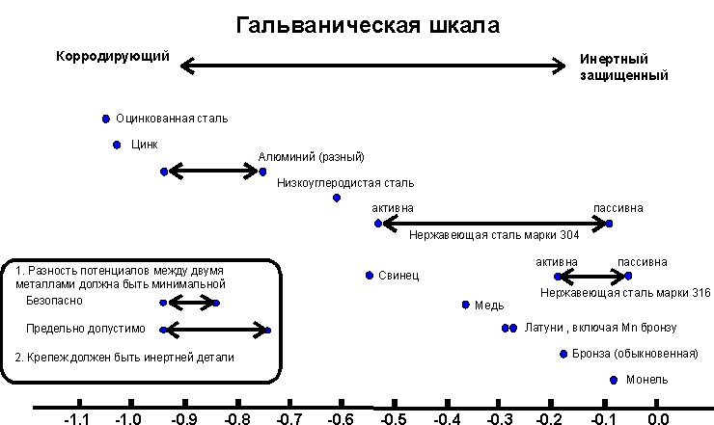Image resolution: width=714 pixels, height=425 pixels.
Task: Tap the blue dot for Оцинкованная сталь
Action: pos(106,119)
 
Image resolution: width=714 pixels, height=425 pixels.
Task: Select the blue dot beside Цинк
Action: pos(117,145)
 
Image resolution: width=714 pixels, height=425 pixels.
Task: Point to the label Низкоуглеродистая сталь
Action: pos(344,181)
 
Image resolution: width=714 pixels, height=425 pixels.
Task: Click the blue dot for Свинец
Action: pos(369,275)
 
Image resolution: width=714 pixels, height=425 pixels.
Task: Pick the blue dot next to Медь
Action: pos(466,305)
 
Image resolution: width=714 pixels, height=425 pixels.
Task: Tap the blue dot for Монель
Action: pos(614,380)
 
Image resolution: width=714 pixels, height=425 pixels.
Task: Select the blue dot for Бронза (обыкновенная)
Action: pos(563,354)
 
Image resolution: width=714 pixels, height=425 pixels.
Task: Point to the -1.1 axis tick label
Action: pos(77,419)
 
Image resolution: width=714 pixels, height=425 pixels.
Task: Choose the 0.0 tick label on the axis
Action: pos(656,419)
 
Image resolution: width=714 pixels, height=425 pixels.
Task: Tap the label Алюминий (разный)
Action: pos(311,157)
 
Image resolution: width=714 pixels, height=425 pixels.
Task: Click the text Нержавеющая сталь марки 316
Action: pos(625,292)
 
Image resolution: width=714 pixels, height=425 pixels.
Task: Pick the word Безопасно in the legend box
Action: pos(55,301)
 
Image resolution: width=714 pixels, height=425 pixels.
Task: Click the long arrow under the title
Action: pos(373,66)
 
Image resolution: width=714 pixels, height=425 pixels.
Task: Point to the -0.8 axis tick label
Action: pos(234,419)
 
